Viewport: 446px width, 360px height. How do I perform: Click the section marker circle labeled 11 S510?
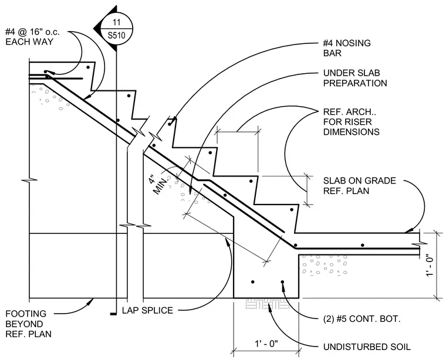pyautogui.click(x=117, y=29)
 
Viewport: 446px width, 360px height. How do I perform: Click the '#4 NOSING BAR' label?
pyautogui.click(x=347, y=48)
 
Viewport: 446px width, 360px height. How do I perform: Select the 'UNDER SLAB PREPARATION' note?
pyautogui.click(x=355, y=78)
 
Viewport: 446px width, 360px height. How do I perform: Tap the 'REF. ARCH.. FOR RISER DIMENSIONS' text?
pyautogui.click(x=352, y=122)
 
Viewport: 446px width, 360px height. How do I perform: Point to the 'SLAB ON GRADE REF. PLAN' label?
pyautogui.click(x=360, y=185)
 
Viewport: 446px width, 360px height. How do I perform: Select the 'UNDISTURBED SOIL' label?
pyautogui.click(x=367, y=347)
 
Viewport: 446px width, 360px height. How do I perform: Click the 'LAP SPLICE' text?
pyautogui.click(x=147, y=310)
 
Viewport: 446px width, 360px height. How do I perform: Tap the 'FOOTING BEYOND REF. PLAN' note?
pyautogui.click(x=28, y=324)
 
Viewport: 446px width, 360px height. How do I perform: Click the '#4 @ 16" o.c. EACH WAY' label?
pyautogui.click(x=32, y=37)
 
